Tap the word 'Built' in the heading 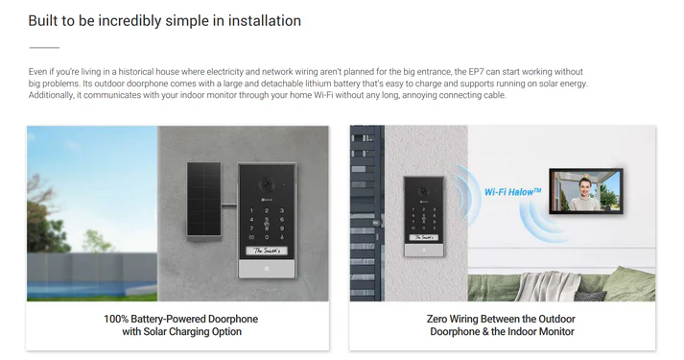click(x=41, y=20)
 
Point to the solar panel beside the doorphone click(x=204, y=200)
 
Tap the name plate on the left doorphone click(x=267, y=251)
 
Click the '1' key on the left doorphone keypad click(x=251, y=211)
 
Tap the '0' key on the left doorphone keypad click(x=267, y=237)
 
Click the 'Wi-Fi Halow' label click(x=513, y=192)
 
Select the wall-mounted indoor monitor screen click(x=586, y=191)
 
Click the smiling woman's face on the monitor click(x=584, y=185)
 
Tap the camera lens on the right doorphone click(x=423, y=191)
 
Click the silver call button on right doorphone click(x=424, y=251)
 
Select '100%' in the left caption click(x=116, y=319)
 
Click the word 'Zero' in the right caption click(x=436, y=319)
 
